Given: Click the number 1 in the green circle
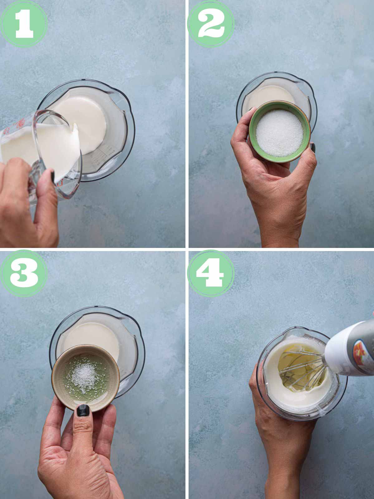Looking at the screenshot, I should click(x=24, y=23).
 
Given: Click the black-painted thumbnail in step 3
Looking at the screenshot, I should click(x=83, y=410).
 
